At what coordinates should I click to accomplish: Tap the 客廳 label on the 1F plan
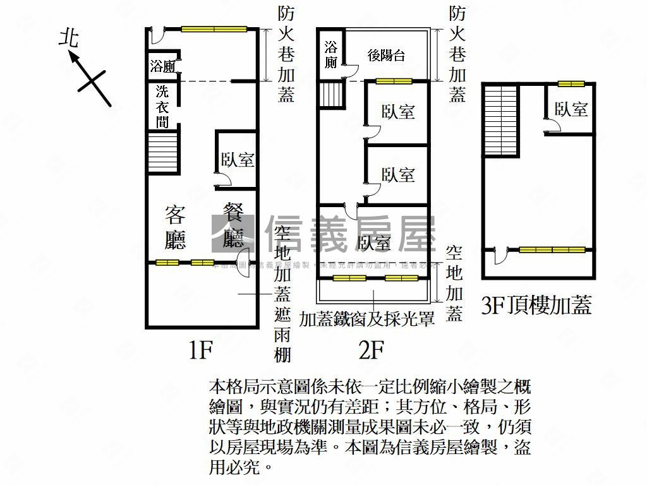(175, 228)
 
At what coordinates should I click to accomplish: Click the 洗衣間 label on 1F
(163, 106)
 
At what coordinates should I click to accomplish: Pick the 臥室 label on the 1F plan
(237, 160)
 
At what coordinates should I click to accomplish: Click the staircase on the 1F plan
(162, 152)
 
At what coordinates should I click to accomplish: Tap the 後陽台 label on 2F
(386, 56)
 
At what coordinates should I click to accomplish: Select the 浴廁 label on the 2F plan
(331, 54)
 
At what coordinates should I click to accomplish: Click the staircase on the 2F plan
(330, 95)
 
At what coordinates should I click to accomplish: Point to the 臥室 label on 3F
(571, 109)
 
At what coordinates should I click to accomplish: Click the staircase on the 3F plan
(501, 120)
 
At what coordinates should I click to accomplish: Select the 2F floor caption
(371, 349)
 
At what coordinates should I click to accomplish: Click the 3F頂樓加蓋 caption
(536, 307)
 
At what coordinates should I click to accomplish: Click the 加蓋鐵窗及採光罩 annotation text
(366, 319)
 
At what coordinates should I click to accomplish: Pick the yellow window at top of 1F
(214, 28)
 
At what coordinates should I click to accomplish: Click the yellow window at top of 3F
(571, 83)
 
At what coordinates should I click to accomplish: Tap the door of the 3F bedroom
(552, 128)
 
